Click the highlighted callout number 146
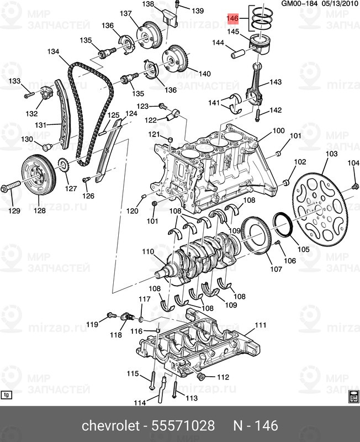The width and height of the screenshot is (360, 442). (232, 19)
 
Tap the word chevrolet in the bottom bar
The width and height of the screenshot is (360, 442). (110, 426)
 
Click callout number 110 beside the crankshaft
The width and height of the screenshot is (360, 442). (147, 252)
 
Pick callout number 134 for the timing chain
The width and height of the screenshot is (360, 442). (52, 52)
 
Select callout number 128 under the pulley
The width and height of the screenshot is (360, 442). (40, 210)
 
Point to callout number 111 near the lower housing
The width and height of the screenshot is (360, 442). (260, 325)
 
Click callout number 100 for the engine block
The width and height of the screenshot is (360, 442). (278, 131)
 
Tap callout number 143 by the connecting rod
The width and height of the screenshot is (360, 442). (275, 82)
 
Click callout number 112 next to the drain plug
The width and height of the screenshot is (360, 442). (222, 377)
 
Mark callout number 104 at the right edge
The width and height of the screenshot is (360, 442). (353, 163)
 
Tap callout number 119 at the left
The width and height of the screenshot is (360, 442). (92, 324)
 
